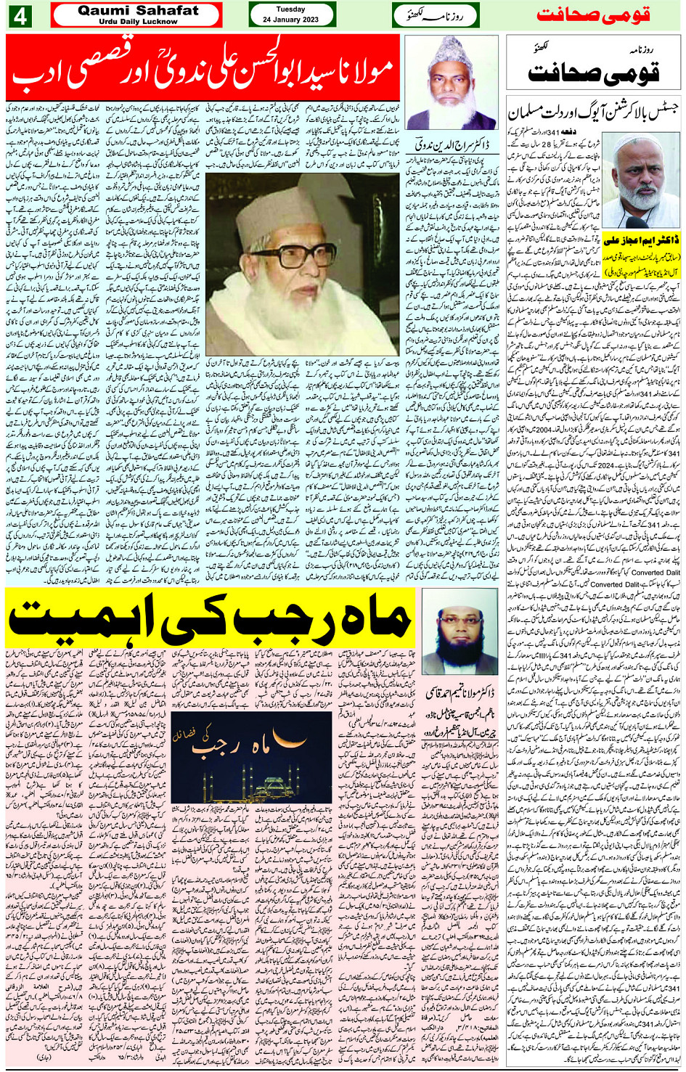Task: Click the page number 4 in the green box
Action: coord(19,15)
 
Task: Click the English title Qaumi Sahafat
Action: coord(137,10)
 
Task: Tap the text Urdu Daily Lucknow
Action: coord(137,22)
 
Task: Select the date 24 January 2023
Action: coord(291,20)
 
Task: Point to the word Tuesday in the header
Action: coord(291,9)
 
